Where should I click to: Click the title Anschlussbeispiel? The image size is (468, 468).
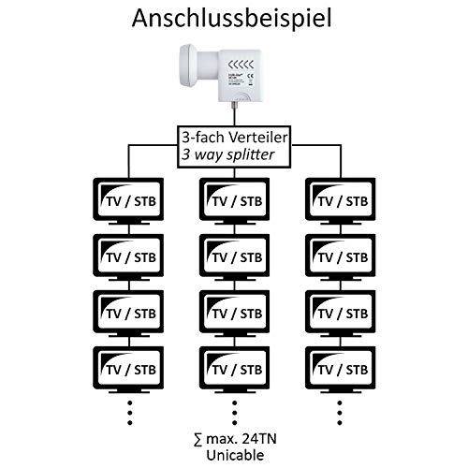click(x=234, y=18)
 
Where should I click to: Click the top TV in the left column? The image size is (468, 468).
click(x=128, y=199)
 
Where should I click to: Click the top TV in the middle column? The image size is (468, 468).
click(x=233, y=199)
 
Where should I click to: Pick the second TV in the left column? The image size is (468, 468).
click(x=128, y=255)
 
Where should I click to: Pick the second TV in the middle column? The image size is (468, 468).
click(x=233, y=255)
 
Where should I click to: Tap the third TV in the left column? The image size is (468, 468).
click(x=128, y=311)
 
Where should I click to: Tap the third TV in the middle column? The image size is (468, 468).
click(x=233, y=311)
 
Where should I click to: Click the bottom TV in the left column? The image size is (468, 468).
click(x=128, y=366)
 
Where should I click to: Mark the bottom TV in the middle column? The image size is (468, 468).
click(x=233, y=366)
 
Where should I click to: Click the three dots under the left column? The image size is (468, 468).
click(x=128, y=410)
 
